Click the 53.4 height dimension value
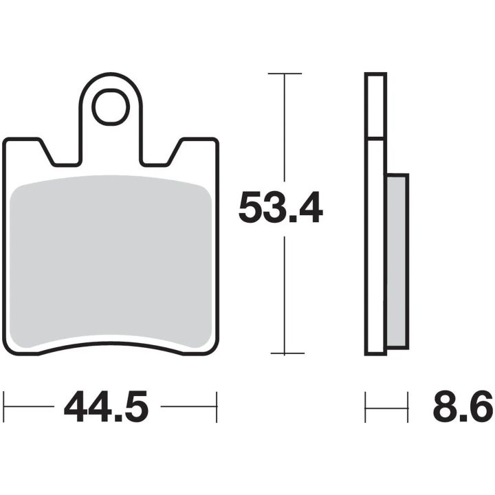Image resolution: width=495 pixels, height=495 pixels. point(280,208)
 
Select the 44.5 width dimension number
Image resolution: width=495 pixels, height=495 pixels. point(106,406)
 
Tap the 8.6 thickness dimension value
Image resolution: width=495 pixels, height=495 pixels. point(463,406)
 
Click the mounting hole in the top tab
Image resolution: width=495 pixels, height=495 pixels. point(111,107)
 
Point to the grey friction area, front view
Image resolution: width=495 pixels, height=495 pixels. point(111,261)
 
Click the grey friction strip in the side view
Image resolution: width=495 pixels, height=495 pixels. point(398,261)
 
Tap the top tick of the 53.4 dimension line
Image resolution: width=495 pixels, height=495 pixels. point(285,74)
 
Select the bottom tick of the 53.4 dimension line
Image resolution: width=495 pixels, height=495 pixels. point(287,353)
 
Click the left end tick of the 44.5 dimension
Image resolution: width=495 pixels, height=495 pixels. point(4,407)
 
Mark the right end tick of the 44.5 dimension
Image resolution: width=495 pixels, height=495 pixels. point(217,407)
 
